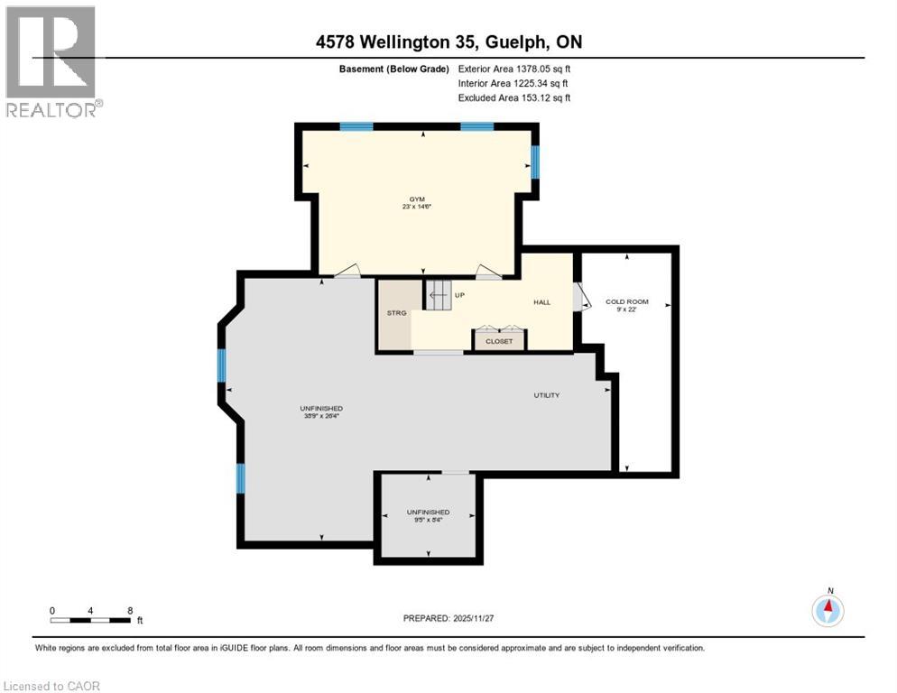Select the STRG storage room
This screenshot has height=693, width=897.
[397, 313]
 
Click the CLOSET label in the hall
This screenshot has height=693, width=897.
[499, 341]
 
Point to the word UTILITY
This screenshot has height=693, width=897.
[546, 395]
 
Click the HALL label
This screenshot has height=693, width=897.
[541, 302]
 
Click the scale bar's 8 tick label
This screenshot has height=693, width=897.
[131, 610]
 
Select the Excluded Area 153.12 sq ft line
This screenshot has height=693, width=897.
[513, 97]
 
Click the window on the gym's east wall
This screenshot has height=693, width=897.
[534, 162]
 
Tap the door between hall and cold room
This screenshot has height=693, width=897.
[578, 297]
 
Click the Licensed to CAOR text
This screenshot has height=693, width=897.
[51, 686]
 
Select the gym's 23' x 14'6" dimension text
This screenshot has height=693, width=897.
[414, 207]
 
